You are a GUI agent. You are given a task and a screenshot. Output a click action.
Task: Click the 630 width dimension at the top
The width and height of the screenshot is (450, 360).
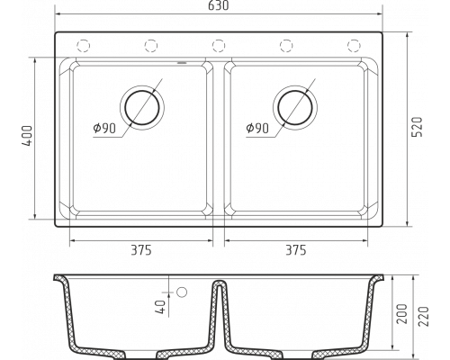tap(219, 5)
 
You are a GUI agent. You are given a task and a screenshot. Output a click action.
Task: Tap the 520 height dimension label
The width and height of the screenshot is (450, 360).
tap(417, 127)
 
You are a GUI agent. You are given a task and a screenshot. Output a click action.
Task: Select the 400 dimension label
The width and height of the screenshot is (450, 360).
tap(27, 136)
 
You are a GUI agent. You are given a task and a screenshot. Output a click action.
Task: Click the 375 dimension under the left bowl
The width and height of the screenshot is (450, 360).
tap(141, 250)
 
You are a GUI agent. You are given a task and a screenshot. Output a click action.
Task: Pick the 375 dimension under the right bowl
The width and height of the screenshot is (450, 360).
tap(296, 250)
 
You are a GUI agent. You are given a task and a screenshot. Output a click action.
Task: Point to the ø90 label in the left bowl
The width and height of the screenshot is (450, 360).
tap(104, 129)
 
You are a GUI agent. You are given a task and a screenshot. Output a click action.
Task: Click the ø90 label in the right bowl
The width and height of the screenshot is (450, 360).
tap(257, 129)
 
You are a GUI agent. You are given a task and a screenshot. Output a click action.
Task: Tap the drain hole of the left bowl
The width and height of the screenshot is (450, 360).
tap(142, 108)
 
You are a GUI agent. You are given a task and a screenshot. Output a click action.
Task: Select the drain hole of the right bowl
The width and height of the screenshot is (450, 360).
tap(295, 108)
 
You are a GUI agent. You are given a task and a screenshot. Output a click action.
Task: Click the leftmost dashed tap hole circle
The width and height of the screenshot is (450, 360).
tap(84, 46)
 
